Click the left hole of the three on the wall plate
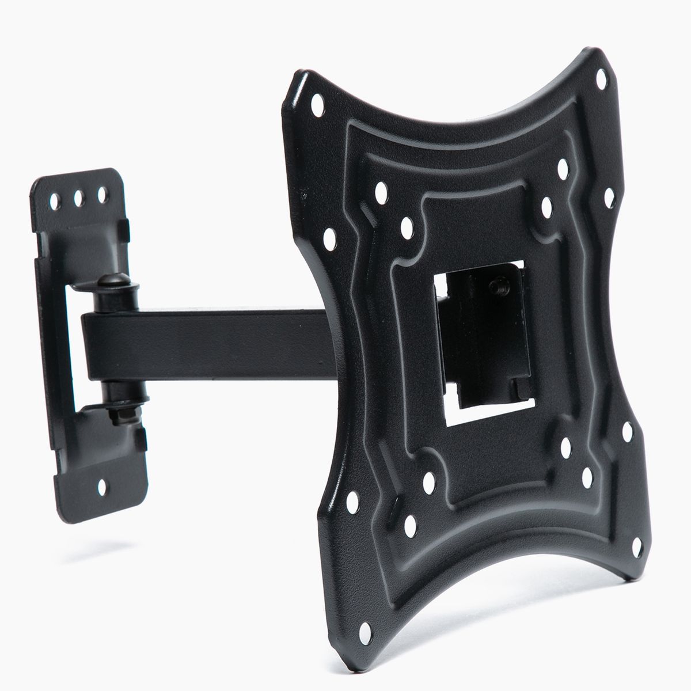pyautogui.click(x=55, y=203)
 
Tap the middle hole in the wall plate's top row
pyautogui.click(x=78, y=198)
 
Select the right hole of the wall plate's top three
pyautogui.click(x=103, y=193)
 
